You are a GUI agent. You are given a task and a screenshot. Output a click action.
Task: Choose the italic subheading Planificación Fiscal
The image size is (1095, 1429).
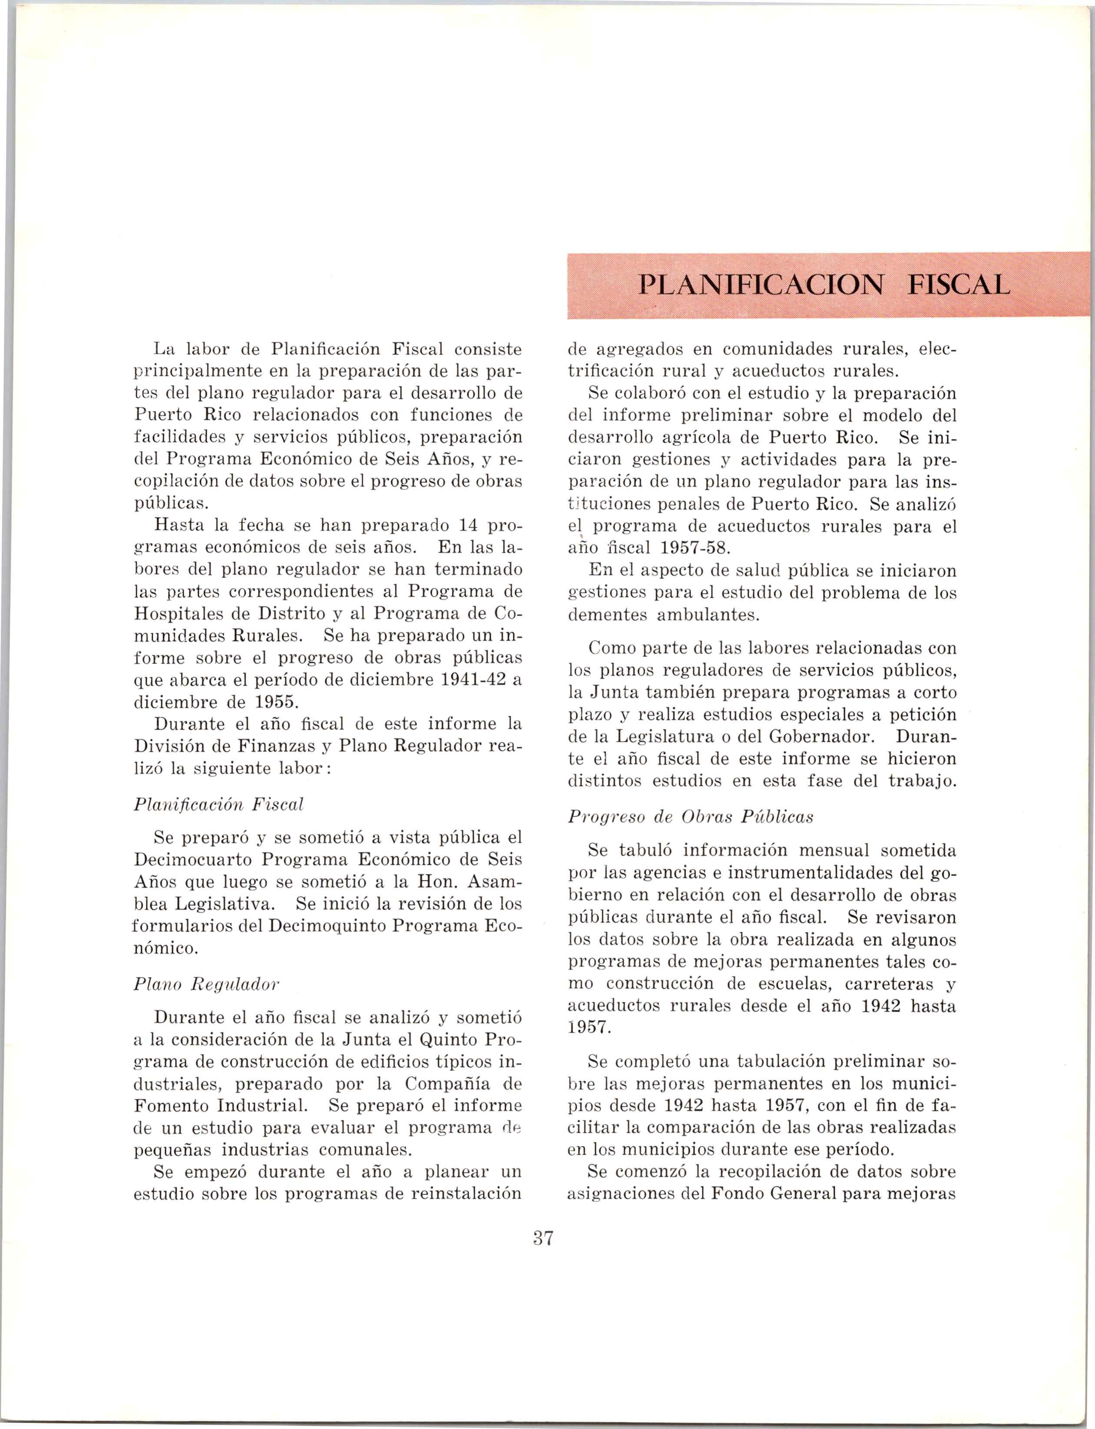click(218, 804)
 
